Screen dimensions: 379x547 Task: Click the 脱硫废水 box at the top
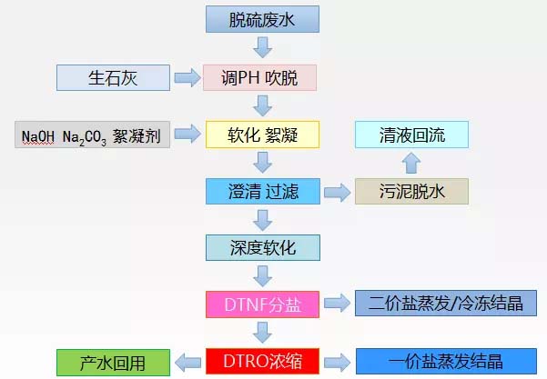coord(262,18)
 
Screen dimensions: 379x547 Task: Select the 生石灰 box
coord(114,77)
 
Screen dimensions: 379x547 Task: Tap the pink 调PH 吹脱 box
coord(262,77)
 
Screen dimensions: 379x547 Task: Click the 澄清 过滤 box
coord(262,191)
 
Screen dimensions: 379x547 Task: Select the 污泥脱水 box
coord(411,191)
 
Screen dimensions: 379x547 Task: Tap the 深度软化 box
coord(262,246)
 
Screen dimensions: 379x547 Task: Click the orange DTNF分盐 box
coord(262,303)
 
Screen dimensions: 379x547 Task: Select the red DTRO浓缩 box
coord(262,361)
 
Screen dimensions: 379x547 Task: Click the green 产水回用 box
coord(114,361)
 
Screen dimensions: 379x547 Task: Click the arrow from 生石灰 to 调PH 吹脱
coord(188,78)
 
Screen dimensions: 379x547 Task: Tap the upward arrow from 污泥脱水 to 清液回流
coord(411,164)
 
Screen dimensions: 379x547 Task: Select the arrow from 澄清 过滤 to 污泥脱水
coord(336,192)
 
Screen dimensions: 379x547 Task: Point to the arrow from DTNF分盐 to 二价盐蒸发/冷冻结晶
coord(336,303)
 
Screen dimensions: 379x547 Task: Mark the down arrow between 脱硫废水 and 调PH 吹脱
coord(262,47)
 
